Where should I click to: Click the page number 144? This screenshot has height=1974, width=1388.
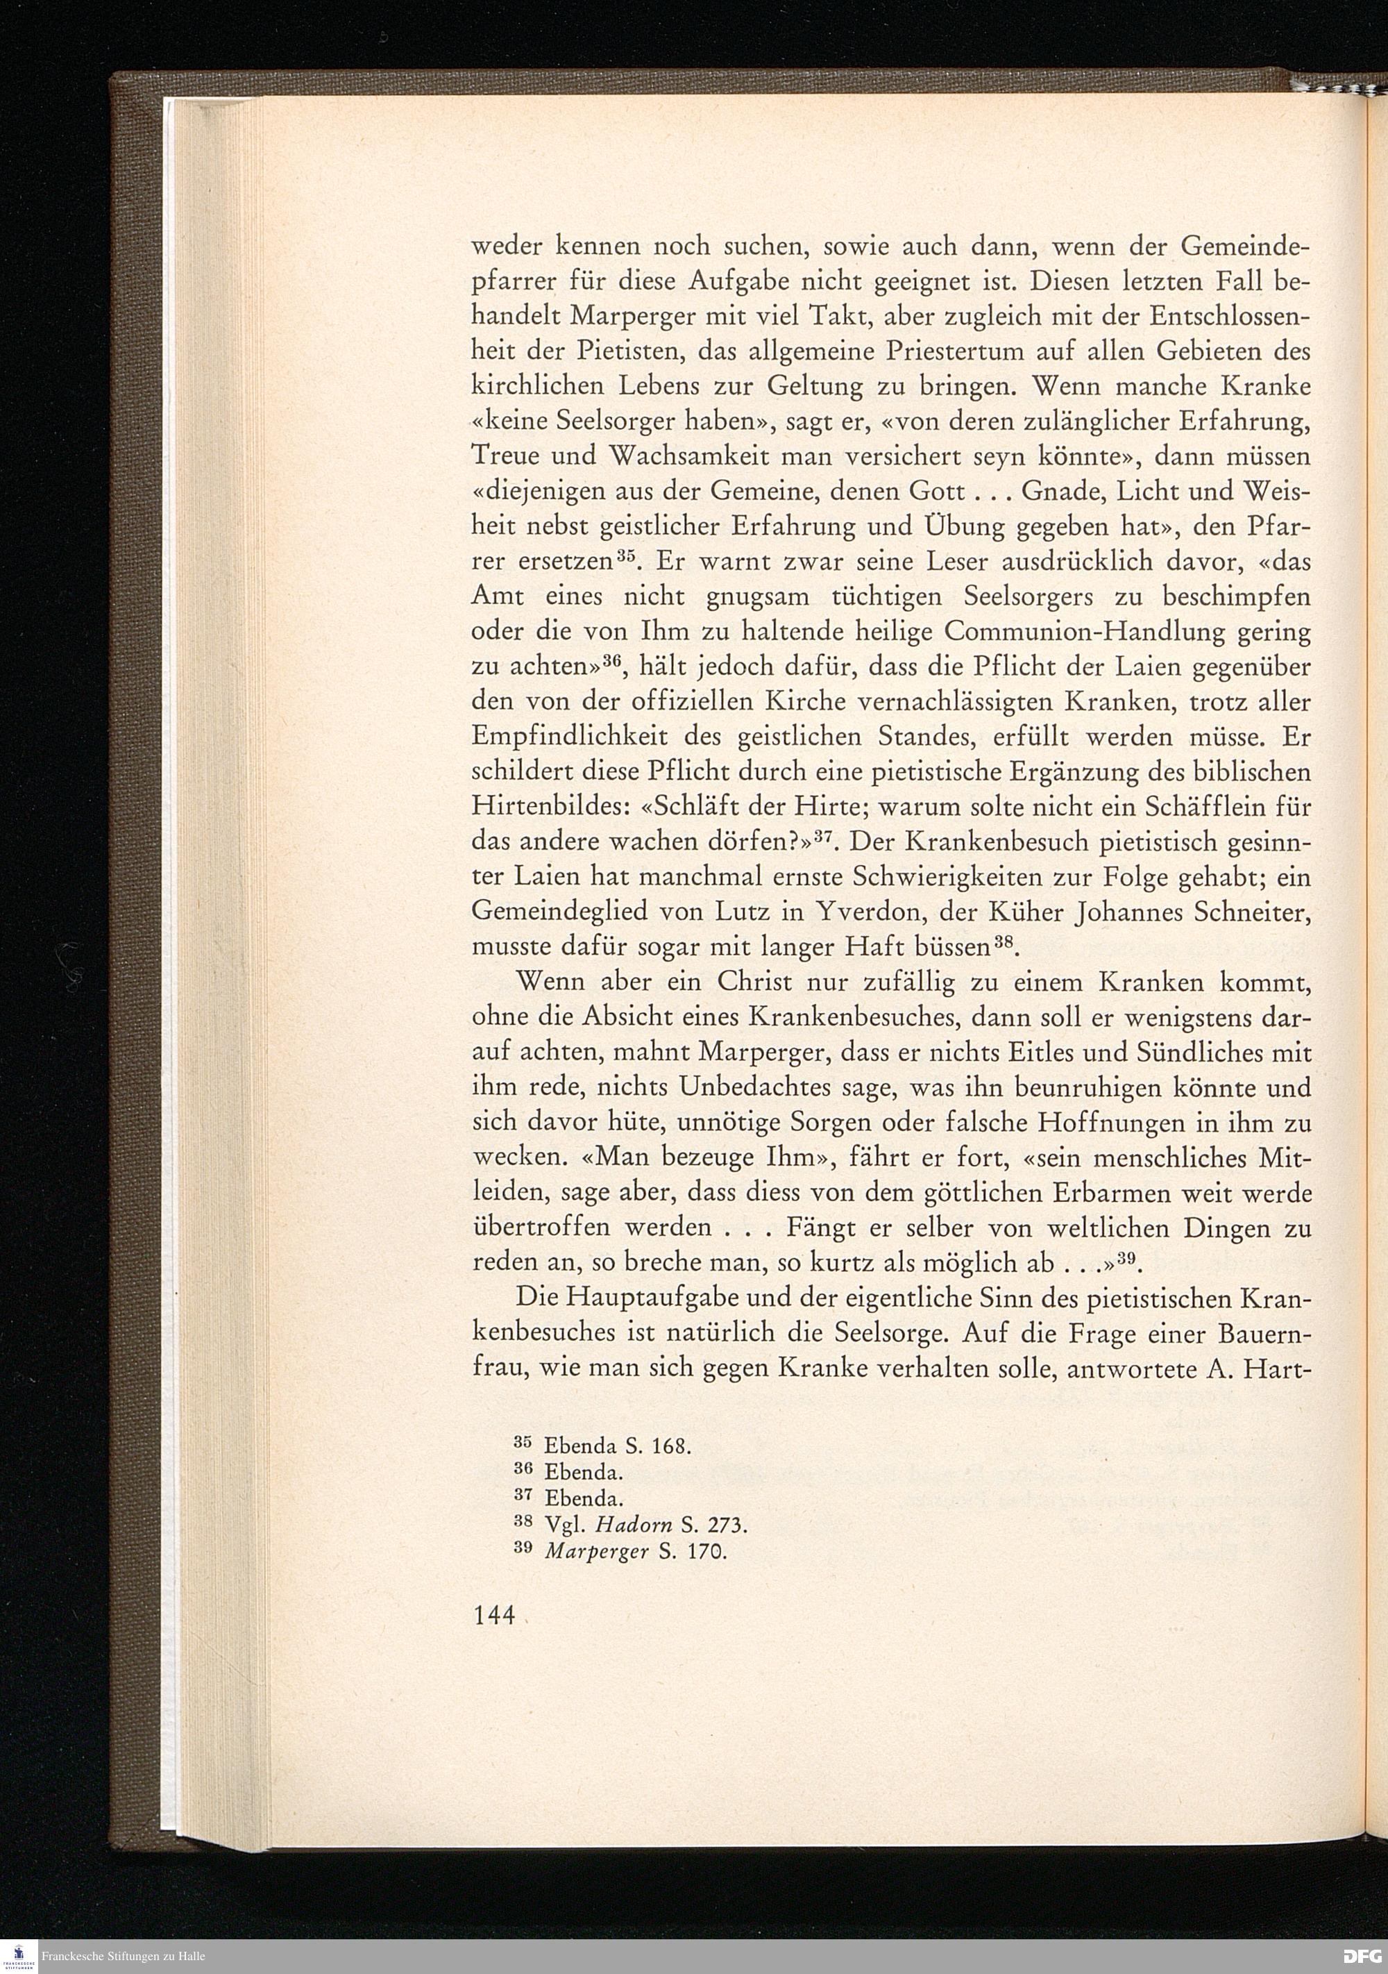493,1616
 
